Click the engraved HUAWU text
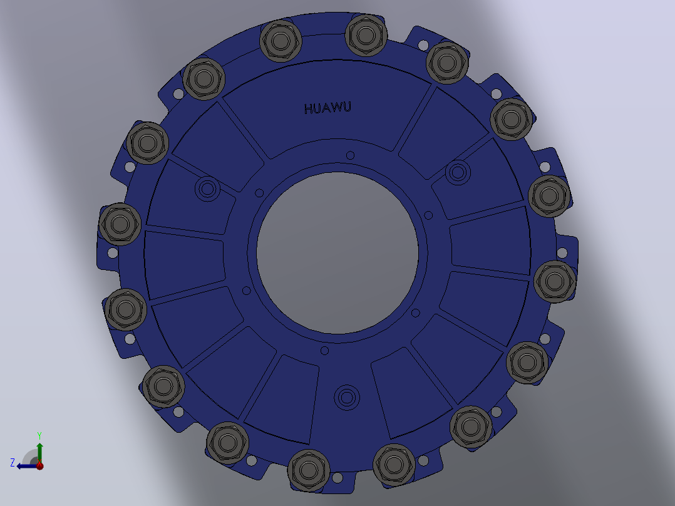327,108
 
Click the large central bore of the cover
337,253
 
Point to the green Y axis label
39,435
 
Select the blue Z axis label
13,463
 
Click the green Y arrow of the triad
39,453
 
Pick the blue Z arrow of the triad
28,465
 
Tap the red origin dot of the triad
39,465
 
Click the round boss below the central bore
347,397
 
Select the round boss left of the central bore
207,188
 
